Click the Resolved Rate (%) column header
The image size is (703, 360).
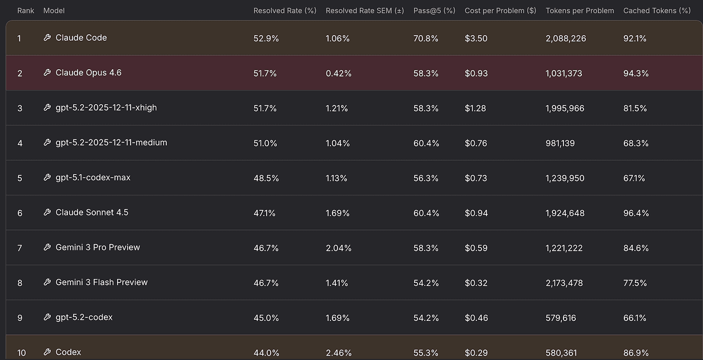(x=285, y=11)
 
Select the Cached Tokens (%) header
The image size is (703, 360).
(x=657, y=11)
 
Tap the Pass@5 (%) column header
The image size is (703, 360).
(x=434, y=11)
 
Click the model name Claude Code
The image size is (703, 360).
(x=81, y=38)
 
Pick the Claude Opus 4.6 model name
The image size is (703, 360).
(x=88, y=73)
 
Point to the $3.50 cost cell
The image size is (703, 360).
(x=476, y=39)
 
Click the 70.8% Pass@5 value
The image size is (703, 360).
(x=426, y=39)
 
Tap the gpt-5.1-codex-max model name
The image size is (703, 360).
(x=93, y=177)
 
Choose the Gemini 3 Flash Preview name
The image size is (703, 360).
(x=102, y=282)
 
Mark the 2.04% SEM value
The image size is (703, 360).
(x=339, y=248)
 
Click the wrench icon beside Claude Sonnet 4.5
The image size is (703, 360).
(x=47, y=213)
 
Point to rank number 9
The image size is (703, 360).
(x=20, y=318)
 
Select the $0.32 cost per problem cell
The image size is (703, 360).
(x=476, y=283)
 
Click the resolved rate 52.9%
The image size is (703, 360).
(x=265, y=39)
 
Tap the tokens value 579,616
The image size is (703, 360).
(x=561, y=318)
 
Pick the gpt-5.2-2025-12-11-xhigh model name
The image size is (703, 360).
(x=106, y=108)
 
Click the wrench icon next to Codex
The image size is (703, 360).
(x=47, y=352)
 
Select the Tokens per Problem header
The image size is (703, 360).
(x=580, y=11)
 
